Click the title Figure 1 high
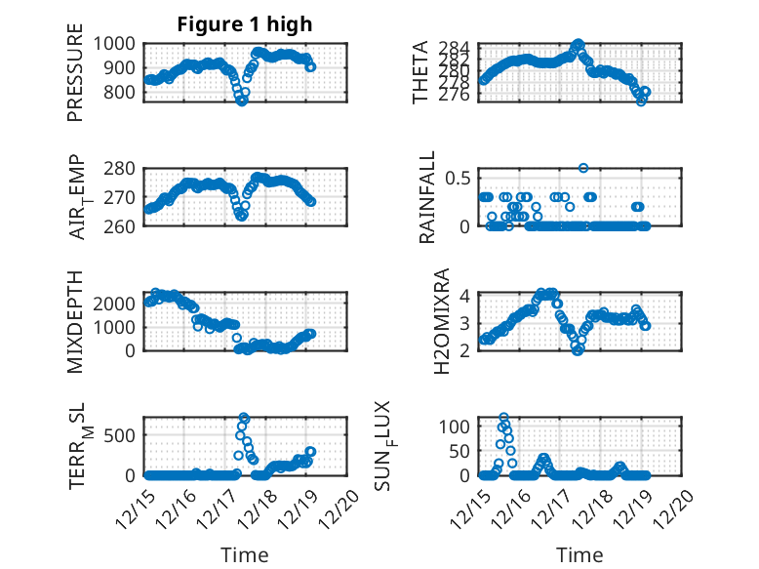point(245,24)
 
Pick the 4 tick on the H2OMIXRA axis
point(466,296)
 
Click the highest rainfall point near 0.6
point(583,168)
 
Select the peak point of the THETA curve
point(579,44)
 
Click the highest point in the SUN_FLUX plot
point(504,418)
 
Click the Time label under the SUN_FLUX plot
point(579,554)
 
